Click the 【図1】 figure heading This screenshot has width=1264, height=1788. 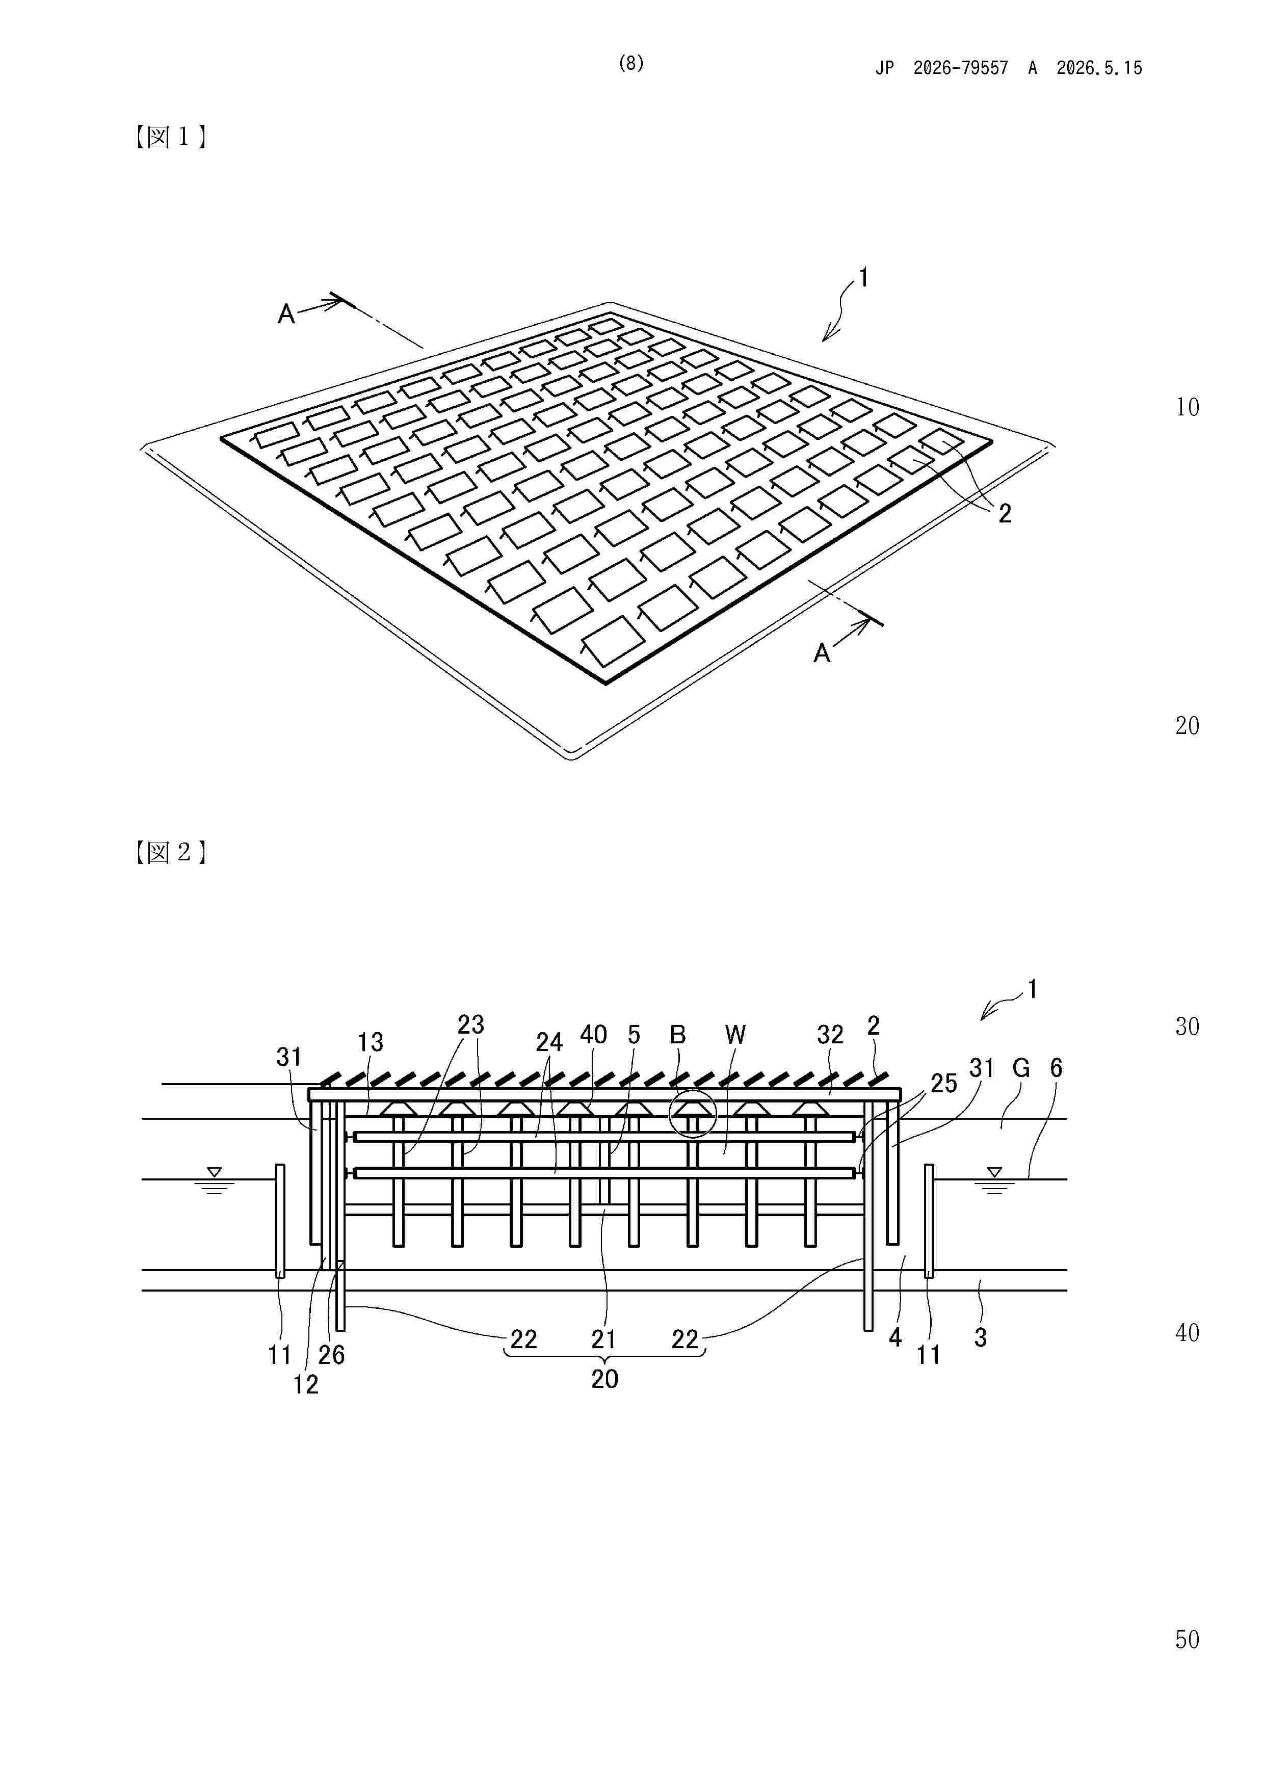tap(170, 137)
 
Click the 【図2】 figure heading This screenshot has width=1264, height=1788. tap(170, 852)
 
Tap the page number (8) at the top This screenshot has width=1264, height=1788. tap(631, 63)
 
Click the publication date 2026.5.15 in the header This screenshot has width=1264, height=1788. tap(1099, 68)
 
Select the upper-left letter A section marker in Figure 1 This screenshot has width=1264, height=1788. tap(286, 314)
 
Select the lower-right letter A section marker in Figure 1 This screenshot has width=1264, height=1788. tap(822, 652)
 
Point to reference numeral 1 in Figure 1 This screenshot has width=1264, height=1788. tap(863, 278)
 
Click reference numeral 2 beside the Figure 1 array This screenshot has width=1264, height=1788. tap(1005, 513)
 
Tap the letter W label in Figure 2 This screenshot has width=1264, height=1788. tap(734, 1035)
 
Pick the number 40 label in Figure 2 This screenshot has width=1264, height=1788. tap(593, 1035)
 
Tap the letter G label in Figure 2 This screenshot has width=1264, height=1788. tap(1021, 1068)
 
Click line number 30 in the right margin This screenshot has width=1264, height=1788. tap(1187, 1027)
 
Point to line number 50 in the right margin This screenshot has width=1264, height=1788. tap(1187, 1640)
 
